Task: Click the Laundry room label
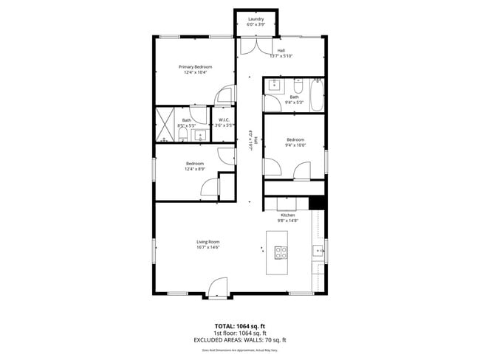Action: [256, 18]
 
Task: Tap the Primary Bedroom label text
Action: [195, 66]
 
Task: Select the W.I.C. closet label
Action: [224, 120]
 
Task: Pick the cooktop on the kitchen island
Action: [281, 252]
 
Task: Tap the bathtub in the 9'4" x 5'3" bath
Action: [316, 95]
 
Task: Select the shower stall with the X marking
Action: [165, 125]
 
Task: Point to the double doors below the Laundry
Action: [256, 46]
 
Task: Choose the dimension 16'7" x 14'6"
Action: [208, 247]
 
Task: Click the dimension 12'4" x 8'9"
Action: [195, 169]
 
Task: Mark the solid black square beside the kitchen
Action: [317, 204]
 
